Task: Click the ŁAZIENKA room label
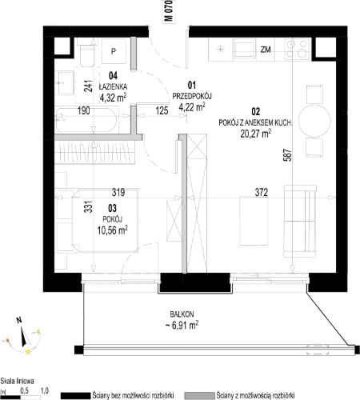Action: pyautogui.click(x=113, y=87)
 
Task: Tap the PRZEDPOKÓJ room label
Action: pyautogui.click(x=192, y=96)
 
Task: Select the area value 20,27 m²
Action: pyautogui.click(x=256, y=133)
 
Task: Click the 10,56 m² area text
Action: pyautogui.click(x=112, y=230)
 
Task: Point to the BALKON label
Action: pyautogui.click(x=182, y=314)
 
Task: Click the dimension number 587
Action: pyautogui.click(x=288, y=155)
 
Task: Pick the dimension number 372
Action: pyautogui.click(x=262, y=192)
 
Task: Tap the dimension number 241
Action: pyautogui.click(x=88, y=86)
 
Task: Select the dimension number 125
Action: pyautogui.click(x=162, y=110)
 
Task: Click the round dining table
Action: pyautogui.click(x=314, y=121)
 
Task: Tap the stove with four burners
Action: pyautogui.click(x=298, y=50)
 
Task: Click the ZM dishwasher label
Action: pyautogui.click(x=266, y=50)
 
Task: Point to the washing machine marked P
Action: pyautogui.click(x=114, y=51)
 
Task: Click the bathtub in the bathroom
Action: pyautogui.click(x=86, y=120)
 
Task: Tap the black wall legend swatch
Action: pyautogui.click(x=75, y=395)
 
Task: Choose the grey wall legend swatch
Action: pyautogui.click(x=199, y=395)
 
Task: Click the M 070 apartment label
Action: pyautogui.click(x=169, y=10)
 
